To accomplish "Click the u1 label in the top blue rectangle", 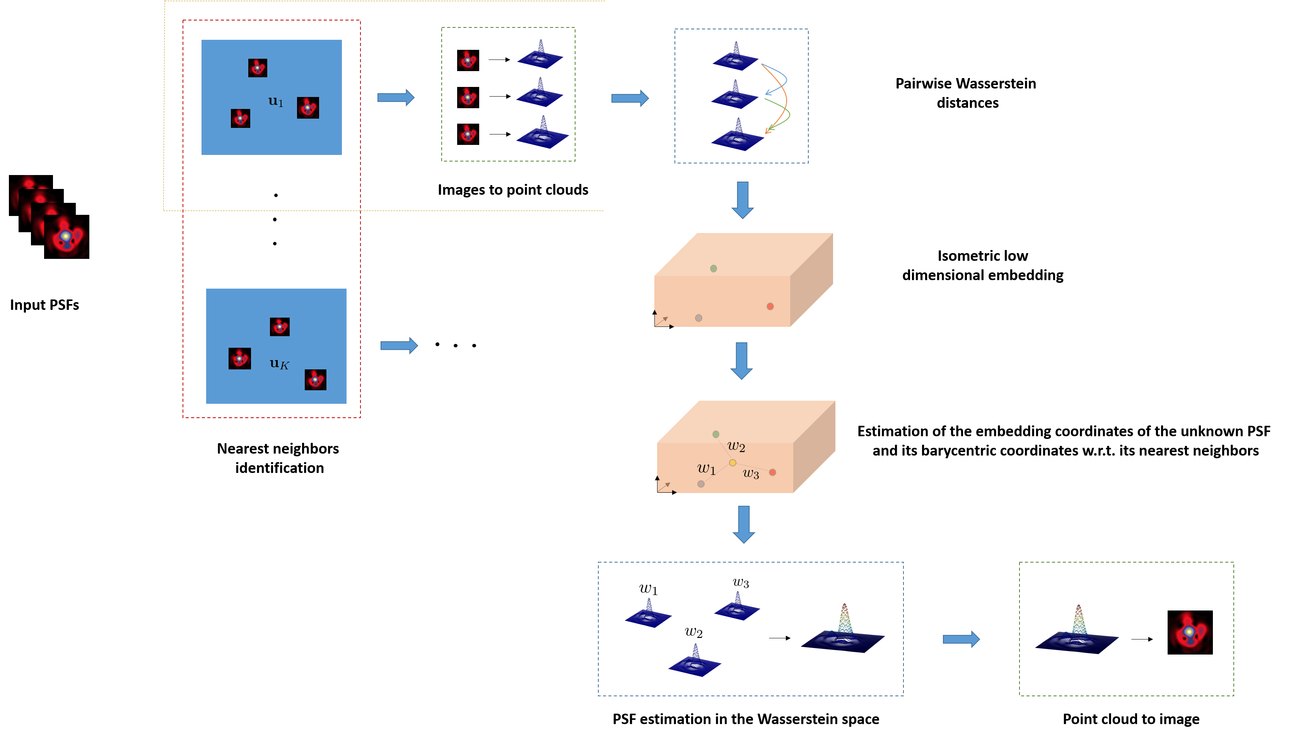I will click(275, 101).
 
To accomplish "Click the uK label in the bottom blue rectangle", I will click(279, 364).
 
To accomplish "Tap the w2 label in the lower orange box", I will click(736, 447).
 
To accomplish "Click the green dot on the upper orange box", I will click(713, 269).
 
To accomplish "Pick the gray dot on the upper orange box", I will click(698, 318).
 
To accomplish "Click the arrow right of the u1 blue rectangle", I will click(396, 97).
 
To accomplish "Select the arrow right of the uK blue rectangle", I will click(399, 346).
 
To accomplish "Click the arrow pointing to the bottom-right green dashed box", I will click(961, 639).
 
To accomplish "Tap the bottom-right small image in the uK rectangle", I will click(315, 380).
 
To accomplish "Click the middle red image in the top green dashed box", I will click(468, 97).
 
